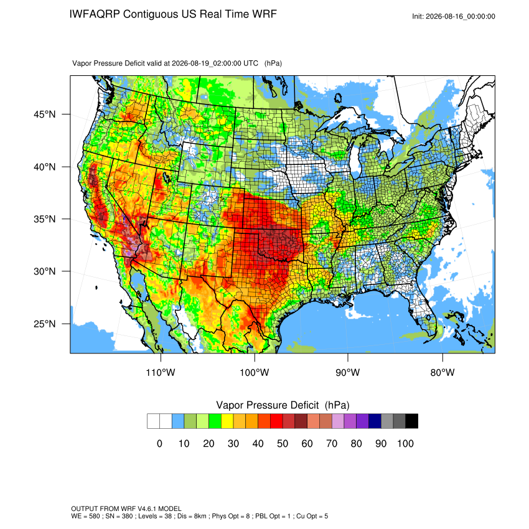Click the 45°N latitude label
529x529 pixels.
44,115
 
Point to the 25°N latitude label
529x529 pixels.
44,324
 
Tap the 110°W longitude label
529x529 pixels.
161,372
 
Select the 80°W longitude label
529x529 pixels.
442,372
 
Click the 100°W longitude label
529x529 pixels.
255,372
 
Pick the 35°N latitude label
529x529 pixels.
44,219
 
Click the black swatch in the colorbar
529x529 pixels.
412,421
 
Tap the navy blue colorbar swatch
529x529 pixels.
375,421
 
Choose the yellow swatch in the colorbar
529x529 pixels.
227,421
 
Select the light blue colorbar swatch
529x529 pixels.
178,421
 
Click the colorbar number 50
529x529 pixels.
283,443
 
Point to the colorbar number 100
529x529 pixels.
405,443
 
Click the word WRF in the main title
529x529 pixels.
266,14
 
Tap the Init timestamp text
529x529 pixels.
454,16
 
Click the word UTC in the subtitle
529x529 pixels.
251,63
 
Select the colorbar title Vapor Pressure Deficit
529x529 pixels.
267,405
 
